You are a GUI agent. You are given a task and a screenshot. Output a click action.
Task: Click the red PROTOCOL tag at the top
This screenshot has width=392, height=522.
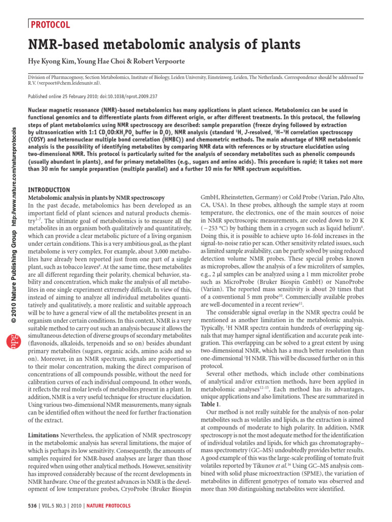pos(50,24)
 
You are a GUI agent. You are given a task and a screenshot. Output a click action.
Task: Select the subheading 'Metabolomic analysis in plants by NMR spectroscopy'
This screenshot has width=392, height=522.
pos(95,197)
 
